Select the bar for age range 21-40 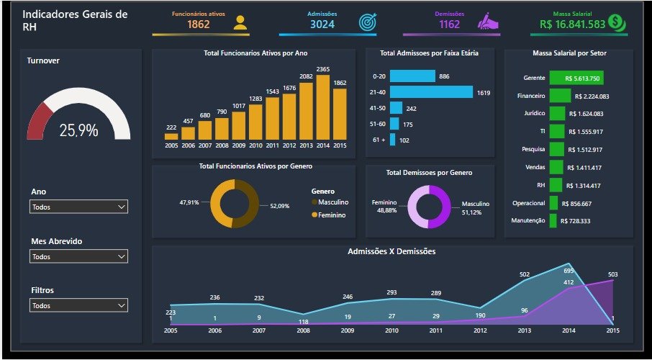[431, 92]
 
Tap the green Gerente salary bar [576, 78]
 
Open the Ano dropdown [78, 207]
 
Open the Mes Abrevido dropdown [78, 256]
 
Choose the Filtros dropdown [78, 305]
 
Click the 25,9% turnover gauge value [78, 130]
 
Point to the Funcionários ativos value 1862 [199, 24]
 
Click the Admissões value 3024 [322, 24]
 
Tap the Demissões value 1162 [449, 24]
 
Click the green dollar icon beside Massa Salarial [616, 22]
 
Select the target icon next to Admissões [368, 22]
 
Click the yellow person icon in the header [240, 22]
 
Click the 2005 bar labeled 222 [171, 135]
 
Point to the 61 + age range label [379, 140]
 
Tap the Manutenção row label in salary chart [528, 221]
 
